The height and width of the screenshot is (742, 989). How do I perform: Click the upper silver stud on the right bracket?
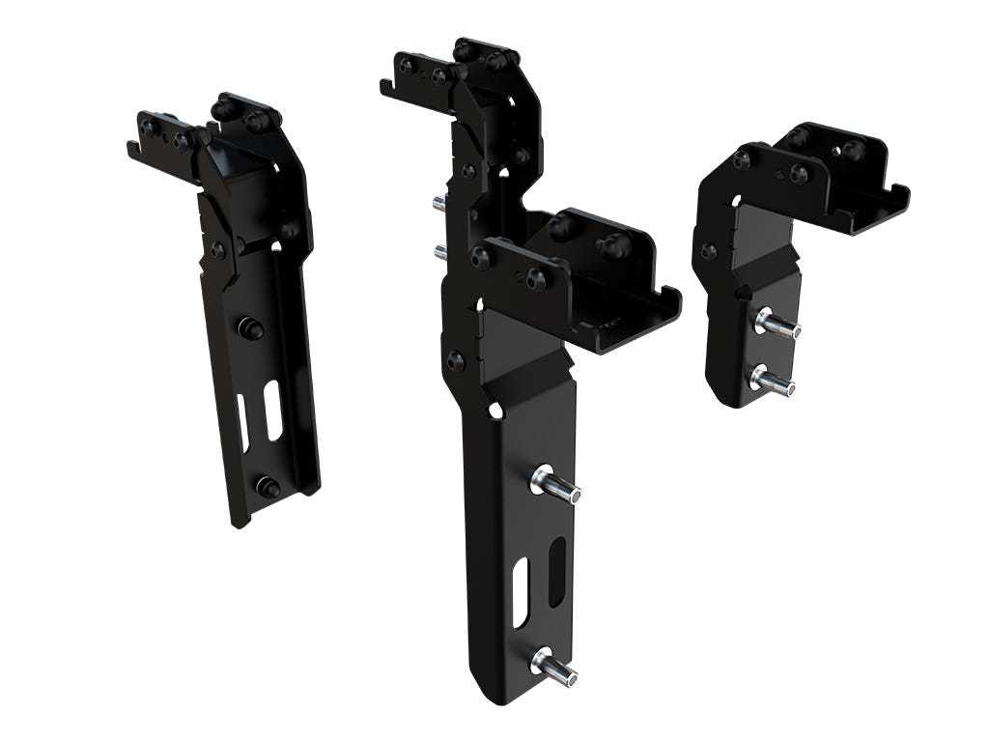[x=778, y=324]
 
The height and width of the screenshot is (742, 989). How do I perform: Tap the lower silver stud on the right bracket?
[x=774, y=381]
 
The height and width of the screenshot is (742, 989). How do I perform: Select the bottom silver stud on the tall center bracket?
[x=553, y=667]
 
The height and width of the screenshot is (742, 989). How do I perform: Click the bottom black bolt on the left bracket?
[x=268, y=487]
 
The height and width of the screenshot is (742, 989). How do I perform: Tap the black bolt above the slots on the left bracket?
[x=251, y=328]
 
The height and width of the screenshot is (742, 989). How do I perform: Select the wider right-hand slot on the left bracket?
[x=273, y=410]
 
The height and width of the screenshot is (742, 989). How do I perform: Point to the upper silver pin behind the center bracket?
[x=438, y=202]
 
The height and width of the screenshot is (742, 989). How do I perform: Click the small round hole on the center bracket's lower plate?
[x=495, y=411]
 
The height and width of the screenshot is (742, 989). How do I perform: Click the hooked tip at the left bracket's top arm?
[x=132, y=149]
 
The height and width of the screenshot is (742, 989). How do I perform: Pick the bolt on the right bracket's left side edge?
[x=709, y=251]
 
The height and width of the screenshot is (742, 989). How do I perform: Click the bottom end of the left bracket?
[x=240, y=520]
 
